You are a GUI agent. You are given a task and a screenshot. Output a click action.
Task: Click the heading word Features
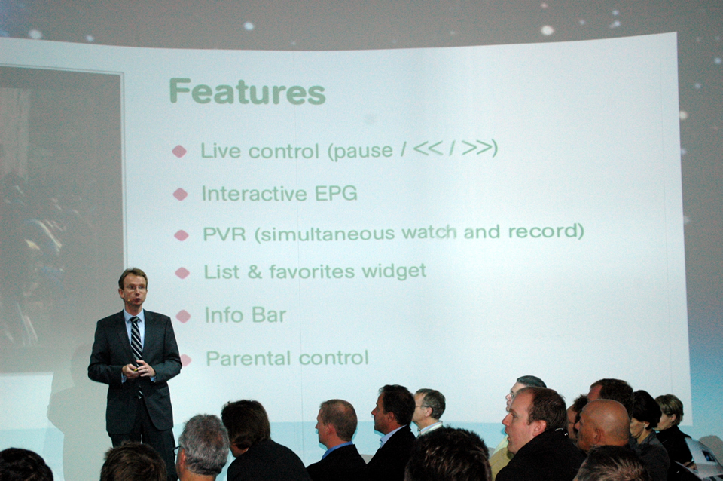(x=248, y=91)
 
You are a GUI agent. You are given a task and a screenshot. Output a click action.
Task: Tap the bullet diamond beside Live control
(x=179, y=151)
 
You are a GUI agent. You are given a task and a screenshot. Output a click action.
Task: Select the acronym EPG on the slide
(x=336, y=194)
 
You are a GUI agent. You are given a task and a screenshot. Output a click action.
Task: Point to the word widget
(x=394, y=271)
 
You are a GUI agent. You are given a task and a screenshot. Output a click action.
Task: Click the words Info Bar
(x=246, y=315)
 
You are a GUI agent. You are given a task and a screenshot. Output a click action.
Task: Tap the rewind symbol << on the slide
(x=429, y=149)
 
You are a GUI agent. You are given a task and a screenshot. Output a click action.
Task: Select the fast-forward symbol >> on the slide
(x=477, y=148)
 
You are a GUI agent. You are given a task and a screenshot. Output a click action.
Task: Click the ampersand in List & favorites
(x=255, y=272)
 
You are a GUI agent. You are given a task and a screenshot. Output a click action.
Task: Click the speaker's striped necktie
(x=136, y=341)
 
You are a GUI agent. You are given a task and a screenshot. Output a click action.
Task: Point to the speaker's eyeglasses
(x=134, y=287)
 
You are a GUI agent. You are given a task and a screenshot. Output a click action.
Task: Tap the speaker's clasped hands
(x=139, y=369)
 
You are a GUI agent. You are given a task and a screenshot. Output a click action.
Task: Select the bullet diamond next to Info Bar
(x=183, y=316)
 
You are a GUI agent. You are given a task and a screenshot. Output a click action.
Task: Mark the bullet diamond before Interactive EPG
(x=180, y=195)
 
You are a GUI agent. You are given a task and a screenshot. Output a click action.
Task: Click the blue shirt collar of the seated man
(x=337, y=448)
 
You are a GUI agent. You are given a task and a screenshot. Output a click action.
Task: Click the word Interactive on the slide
(x=254, y=194)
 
